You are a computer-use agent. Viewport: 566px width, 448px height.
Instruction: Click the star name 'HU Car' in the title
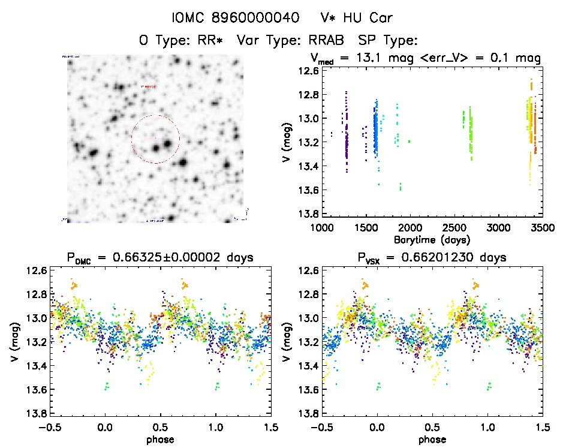point(371,17)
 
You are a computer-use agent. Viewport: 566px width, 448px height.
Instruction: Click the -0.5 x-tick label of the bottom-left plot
point(49,428)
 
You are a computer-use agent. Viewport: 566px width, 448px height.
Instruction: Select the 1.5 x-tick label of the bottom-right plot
point(542,428)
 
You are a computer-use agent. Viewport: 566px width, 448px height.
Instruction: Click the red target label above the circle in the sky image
point(148,87)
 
